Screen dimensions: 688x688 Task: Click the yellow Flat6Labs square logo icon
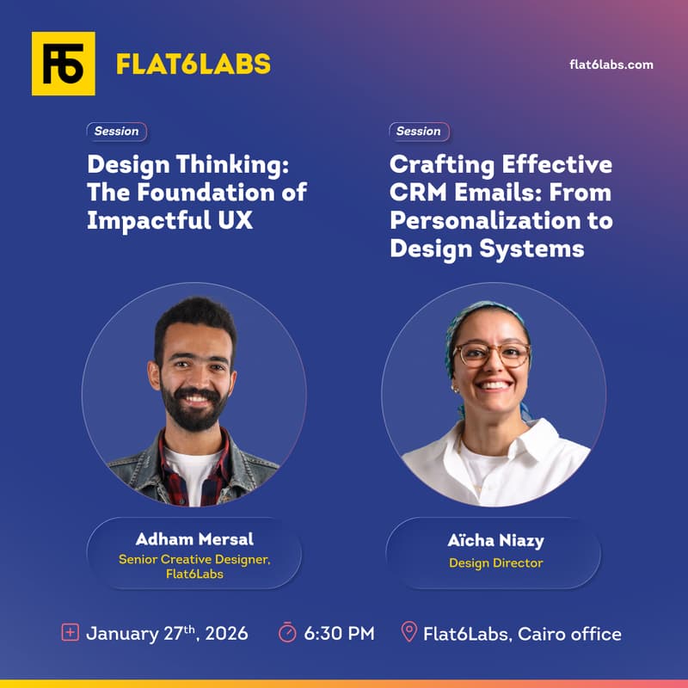point(63,64)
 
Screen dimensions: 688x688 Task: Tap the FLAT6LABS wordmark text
point(193,64)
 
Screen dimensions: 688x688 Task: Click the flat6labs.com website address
point(611,64)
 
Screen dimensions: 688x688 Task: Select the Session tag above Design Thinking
point(116,132)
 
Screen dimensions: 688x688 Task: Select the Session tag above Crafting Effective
point(418,132)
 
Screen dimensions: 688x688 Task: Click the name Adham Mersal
point(194,539)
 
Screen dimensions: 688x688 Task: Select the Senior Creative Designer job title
point(194,559)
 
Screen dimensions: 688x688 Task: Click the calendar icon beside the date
point(71,634)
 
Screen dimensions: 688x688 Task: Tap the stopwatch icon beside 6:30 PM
point(287,634)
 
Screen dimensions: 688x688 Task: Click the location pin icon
point(409,633)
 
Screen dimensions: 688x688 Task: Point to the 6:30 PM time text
point(339,634)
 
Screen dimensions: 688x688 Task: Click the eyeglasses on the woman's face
point(492,354)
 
